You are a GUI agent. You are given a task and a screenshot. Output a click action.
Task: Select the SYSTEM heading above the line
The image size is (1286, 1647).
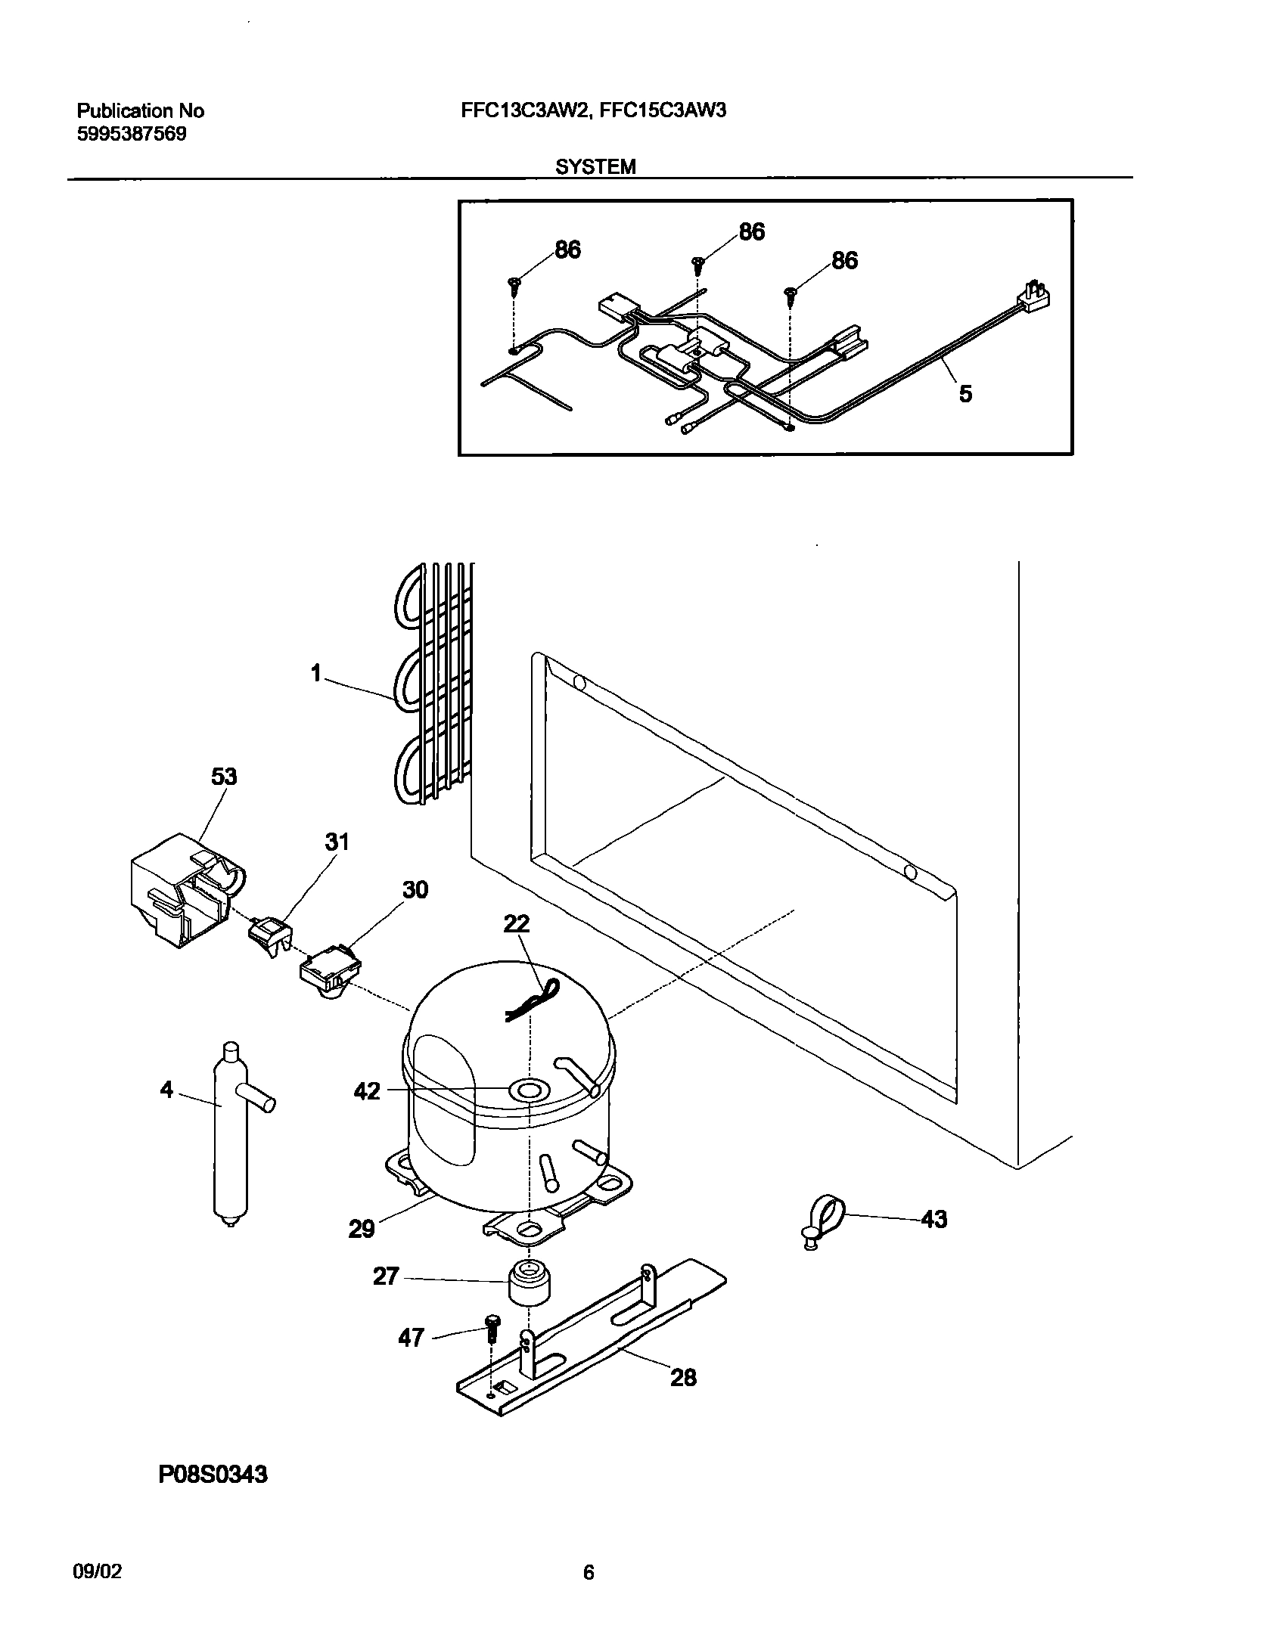tap(595, 167)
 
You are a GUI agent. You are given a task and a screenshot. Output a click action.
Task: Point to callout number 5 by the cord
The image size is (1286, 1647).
tap(965, 394)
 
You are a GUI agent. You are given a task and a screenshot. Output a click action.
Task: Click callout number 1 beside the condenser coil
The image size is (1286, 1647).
tap(316, 673)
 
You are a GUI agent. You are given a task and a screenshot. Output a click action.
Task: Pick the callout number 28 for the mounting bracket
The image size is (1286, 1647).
tap(682, 1378)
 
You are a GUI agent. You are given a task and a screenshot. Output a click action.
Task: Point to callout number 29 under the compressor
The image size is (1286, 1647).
tap(362, 1229)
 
